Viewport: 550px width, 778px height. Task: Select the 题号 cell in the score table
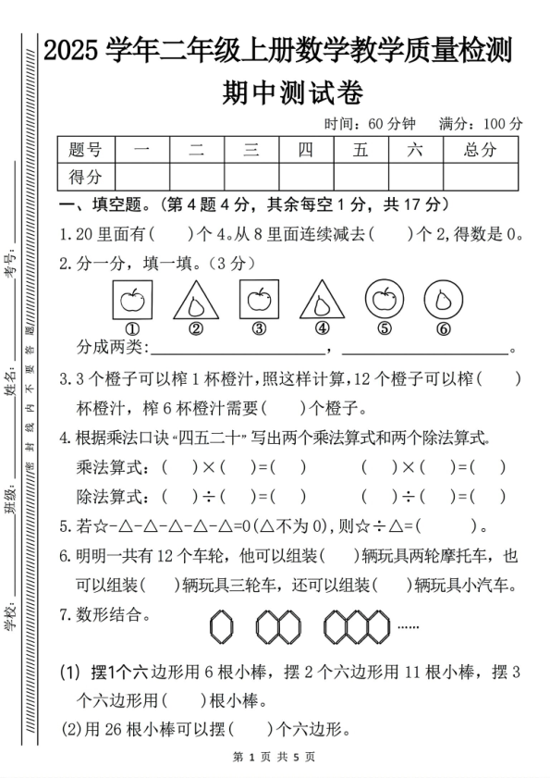tap(86, 150)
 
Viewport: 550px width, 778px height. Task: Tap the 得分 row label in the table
tap(86, 176)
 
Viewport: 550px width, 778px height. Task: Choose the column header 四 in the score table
tap(306, 150)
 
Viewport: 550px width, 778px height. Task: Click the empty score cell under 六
tap(415, 176)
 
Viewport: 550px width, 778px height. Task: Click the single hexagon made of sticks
tap(222, 627)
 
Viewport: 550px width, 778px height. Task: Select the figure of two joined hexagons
tap(278, 627)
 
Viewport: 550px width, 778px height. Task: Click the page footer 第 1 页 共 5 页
tap(275, 757)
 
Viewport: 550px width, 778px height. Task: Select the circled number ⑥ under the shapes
tap(444, 328)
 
